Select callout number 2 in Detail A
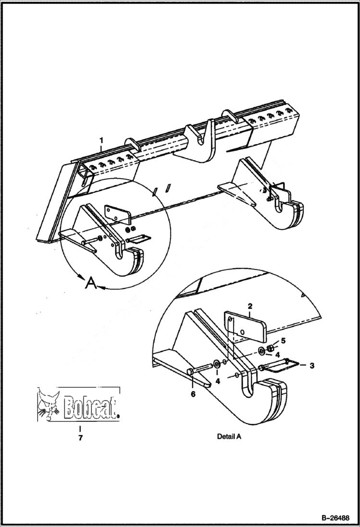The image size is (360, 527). pos(250,306)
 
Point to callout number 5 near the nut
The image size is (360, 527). pos(283,341)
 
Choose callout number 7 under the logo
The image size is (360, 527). pos(80,438)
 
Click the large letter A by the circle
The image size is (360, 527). pos(91,283)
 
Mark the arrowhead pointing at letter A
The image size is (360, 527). pos(102,288)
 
